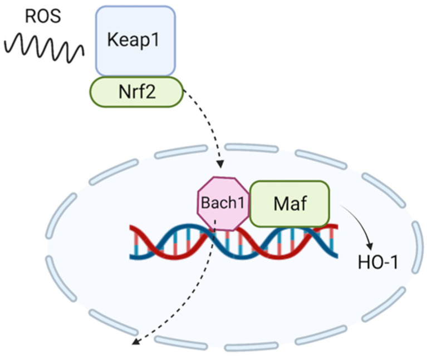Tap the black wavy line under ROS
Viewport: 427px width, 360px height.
pos(44,48)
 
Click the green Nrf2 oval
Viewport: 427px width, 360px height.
pos(136,91)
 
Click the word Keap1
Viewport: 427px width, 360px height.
pos(136,41)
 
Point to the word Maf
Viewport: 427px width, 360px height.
pos(289,203)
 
